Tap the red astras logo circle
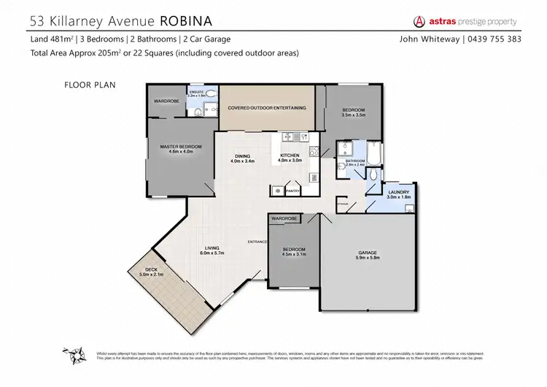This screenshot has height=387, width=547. pos(420,21)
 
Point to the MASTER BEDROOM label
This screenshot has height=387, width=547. pos(180,147)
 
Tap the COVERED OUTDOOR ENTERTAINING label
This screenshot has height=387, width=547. pos(266,107)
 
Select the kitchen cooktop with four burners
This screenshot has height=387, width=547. pos(313,151)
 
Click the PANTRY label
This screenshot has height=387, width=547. pos(292,191)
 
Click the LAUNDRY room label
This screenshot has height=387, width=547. pos(398,191)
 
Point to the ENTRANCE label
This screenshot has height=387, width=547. pos(257,241)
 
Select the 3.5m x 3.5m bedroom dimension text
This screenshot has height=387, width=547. pos(352,115)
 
